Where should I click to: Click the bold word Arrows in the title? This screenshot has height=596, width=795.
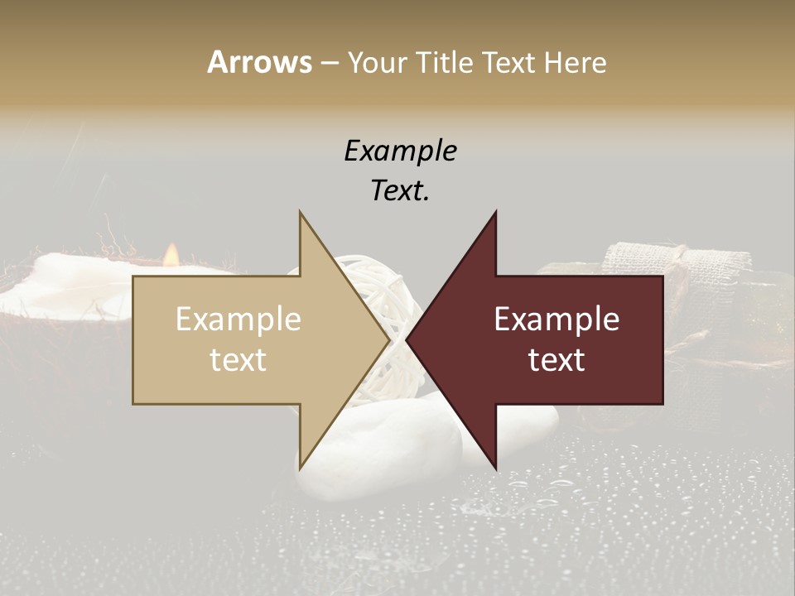click(259, 62)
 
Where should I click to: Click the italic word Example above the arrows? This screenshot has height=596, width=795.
click(400, 151)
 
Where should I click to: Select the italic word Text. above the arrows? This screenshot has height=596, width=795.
click(400, 191)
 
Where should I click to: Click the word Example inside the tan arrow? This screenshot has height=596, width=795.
click(238, 320)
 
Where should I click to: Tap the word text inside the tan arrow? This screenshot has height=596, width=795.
click(238, 360)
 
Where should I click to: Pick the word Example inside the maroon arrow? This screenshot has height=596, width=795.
click(556, 320)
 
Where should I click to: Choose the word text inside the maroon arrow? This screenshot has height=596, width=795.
click(556, 360)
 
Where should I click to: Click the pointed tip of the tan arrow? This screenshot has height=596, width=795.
click(390, 339)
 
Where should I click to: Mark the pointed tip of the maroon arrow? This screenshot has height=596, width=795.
click(407, 339)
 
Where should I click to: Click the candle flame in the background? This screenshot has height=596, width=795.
click(171, 253)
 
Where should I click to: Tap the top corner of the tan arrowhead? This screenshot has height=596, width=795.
click(300, 212)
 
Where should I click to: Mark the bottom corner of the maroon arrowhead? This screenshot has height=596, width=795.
click(496, 468)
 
